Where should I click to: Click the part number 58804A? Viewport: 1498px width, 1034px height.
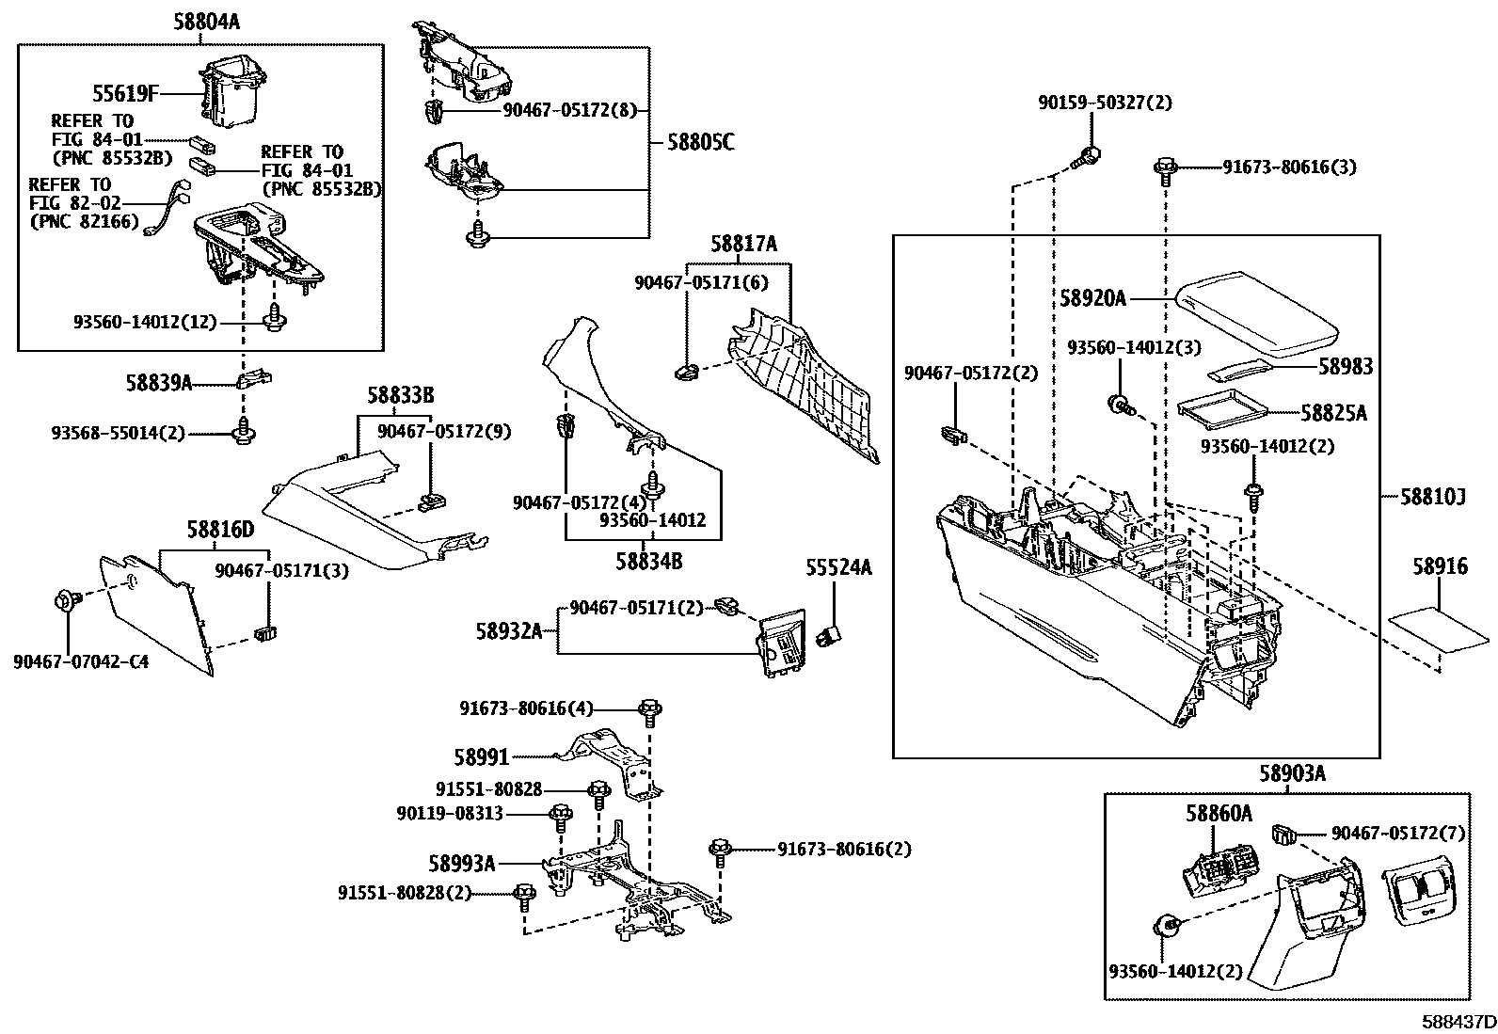pos(207,22)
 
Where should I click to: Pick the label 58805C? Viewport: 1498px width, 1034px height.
pos(701,142)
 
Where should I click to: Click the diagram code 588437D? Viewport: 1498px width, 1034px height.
pos(1458,1021)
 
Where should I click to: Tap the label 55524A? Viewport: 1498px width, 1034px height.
pos(838,567)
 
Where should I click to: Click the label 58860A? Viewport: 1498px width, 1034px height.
pos(1219,813)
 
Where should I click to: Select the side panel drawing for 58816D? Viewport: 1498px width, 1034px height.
pos(155,612)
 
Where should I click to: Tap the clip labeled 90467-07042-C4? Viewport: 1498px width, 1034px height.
pos(69,599)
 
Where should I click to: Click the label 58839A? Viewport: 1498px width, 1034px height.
pos(159,382)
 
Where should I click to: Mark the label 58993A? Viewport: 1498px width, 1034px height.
pos(462,862)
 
